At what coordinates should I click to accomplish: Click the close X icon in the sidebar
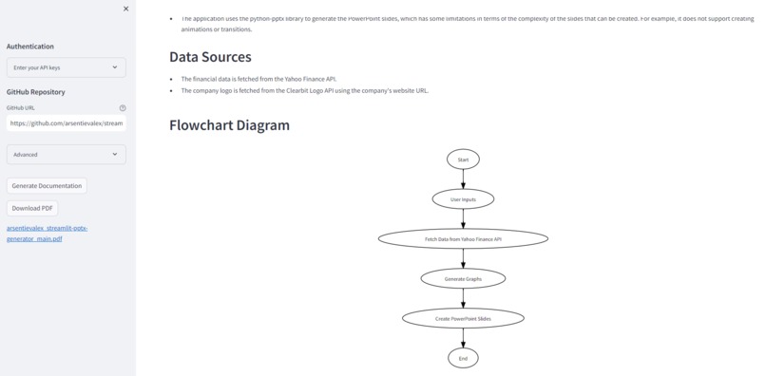tap(125, 9)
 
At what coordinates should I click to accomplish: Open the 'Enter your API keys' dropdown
tap(66, 67)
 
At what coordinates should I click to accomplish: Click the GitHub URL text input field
tap(66, 122)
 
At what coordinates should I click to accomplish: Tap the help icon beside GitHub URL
tap(123, 108)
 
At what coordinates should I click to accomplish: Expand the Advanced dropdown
tap(66, 154)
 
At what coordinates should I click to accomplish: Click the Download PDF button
tap(32, 207)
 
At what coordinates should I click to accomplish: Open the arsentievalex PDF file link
tap(47, 234)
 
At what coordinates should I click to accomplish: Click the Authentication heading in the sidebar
tap(30, 47)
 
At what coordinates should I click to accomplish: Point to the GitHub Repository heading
tap(36, 92)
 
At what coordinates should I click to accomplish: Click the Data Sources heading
tap(210, 57)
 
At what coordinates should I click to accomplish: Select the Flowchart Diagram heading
tap(229, 124)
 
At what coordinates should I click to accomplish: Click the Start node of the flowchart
tap(463, 160)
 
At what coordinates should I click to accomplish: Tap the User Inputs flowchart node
tap(463, 199)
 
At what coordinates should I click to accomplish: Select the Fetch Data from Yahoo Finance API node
tap(463, 239)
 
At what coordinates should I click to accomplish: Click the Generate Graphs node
tap(463, 279)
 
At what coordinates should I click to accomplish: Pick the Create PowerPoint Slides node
tap(463, 318)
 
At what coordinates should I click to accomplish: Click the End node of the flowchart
tap(463, 358)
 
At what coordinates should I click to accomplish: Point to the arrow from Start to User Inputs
tap(463, 179)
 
